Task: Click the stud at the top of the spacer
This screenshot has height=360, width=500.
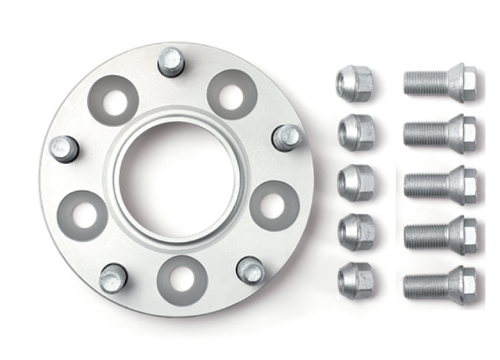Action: click(x=171, y=61)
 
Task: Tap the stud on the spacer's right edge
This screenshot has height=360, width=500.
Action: click(x=285, y=137)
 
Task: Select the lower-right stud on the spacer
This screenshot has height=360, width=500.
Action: click(x=250, y=270)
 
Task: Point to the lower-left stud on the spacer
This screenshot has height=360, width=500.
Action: click(x=112, y=278)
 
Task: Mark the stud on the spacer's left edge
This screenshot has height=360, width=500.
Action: click(x=64, y=148)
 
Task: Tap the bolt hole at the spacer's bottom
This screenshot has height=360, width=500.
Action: click(x=182, y=279)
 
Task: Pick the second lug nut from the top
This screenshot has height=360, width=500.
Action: click(x=356, y=132)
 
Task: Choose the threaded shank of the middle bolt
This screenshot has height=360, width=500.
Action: click(x=425, y=185)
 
